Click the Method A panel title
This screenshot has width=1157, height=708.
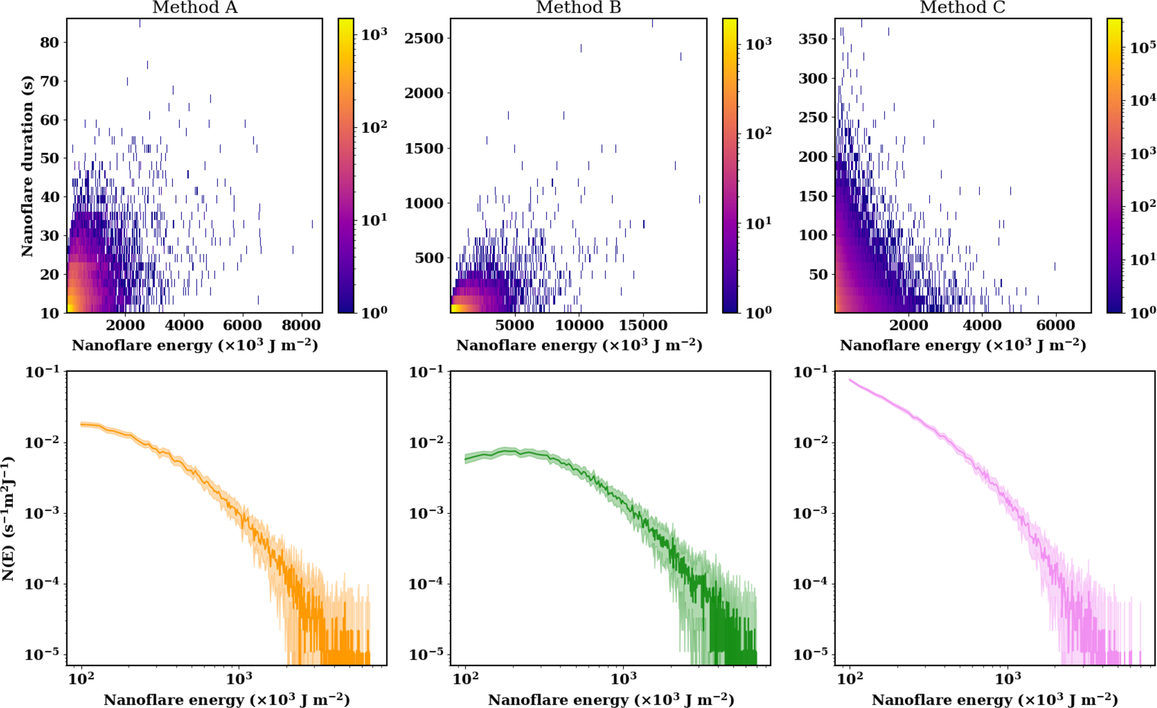[x=195, y=7]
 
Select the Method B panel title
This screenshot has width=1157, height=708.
[x=579, y=7]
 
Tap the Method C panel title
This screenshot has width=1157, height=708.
[x=962, y=7]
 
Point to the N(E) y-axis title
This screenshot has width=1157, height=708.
[x=8, y=518]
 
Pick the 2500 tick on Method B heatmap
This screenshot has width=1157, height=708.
[x=424, y=38]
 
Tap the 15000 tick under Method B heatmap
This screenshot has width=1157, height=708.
[x=643, y=325]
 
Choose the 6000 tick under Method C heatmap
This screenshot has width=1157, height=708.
[x=1056, y=325]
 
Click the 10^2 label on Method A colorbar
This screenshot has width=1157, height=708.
[x=374, y=127]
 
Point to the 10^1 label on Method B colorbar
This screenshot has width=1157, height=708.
[x=758, y=223]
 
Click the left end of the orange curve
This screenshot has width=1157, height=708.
[x=81, y=424]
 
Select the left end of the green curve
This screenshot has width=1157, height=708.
[x=465, y=459]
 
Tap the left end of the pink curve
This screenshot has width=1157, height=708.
[x=850, y=380]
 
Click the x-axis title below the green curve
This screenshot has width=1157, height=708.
[x=611, y=700]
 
